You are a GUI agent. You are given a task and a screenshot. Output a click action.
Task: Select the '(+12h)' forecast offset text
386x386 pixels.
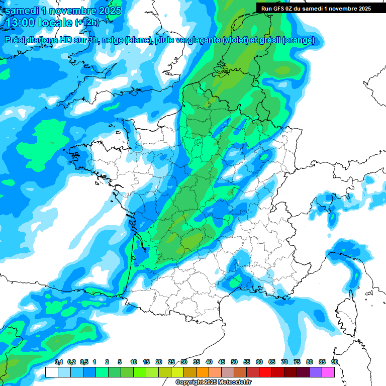pyautogui.click(x=87, y=23)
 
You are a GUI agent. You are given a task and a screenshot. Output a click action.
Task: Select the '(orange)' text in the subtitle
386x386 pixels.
pyautogui.click(x=299, y=40)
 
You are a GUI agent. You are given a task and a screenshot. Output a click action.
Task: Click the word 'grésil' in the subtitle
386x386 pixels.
pyautogui.click(x=269, y=40)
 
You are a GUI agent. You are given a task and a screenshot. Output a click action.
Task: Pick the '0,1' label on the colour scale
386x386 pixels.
pyautogui.click(x=58, y=362)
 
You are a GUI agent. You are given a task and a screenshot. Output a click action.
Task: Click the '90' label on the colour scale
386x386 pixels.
pyautogui.click(x=334, y=362)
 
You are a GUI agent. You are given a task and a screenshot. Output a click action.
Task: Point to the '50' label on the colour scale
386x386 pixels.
pyautogui.click(x=234, y=362)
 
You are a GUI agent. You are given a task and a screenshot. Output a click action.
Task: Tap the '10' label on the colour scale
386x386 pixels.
pyautogui.click(x=134, y=362)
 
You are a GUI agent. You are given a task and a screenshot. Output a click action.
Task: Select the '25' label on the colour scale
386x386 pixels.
pyautogui.click(x=171, y=362)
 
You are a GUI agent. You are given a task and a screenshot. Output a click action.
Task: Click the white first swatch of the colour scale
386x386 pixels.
pyautogui.click(x=52, y=372)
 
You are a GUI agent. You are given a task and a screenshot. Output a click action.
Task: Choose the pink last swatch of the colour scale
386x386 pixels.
pyautogui.click(x=328, y=372)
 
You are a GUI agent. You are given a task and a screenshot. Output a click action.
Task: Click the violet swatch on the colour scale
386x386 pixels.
pyautogui.click(x=316, y=372)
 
